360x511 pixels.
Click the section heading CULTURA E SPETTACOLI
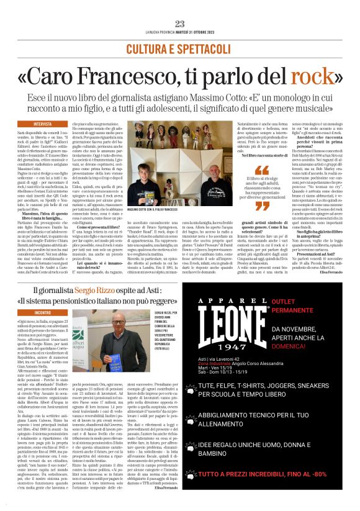pyautogui.click(x=180, y=48)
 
